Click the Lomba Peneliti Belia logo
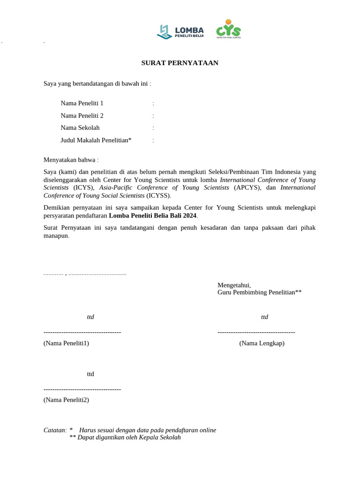coord(180,31)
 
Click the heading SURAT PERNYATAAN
coord(180,63)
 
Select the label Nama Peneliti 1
coord(82,103)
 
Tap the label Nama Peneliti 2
coord(82,115)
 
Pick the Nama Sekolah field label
coord(80,127)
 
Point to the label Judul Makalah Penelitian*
coord(96,140)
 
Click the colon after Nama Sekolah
coord(153,127)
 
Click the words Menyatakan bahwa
coord(71,160)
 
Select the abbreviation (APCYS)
coord(245,187)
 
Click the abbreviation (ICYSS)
coord(158,195)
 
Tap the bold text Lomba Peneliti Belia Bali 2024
coord(153,216)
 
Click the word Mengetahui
coord(234,285)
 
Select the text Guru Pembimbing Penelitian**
coord(259,292)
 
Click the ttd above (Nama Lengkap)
coord(264,317)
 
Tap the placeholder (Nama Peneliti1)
coord(66,343)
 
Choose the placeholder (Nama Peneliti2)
coord(66,400)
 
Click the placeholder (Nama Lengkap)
coord(262,343)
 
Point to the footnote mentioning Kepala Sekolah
coord(125,437)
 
